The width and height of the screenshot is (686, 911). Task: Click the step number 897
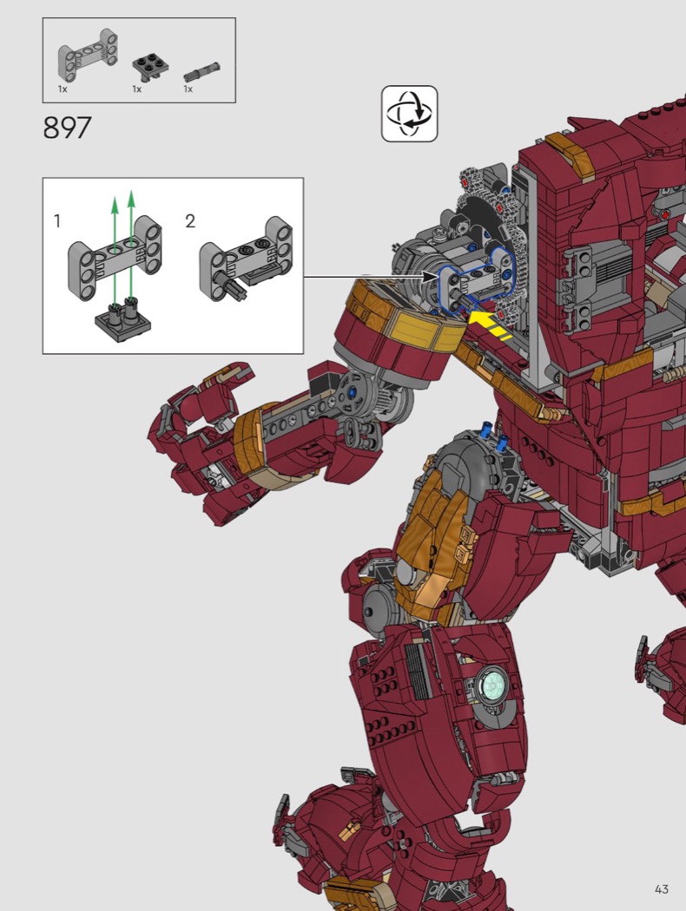(x=67, y=128)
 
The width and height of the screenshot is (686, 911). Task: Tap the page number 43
(x=661, y=889)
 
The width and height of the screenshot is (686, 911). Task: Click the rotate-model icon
(x=409, y=114)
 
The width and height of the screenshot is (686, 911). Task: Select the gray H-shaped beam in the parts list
(x=87, y=56)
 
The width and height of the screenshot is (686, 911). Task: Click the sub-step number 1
(x=57, y=220)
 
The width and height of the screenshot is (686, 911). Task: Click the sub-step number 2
(x=190, y=220)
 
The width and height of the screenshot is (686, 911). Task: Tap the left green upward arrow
(x=115, y=251)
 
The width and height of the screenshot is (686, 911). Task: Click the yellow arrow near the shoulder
(x=487, y=323)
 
